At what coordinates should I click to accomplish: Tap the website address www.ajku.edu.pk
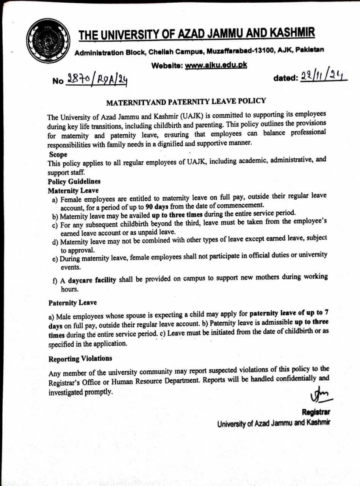click(216, 65)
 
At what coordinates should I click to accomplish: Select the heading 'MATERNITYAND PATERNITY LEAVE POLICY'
click(186, 102)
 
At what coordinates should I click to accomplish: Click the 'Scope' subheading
click(58, 155)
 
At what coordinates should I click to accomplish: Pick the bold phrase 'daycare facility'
click(92, 280)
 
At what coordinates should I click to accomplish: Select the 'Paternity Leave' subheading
click(73, 303)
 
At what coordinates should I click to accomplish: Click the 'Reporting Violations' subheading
click(80, 359)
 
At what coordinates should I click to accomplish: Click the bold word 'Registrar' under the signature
click(316, 412)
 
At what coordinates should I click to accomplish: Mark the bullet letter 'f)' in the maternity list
click(55, 280)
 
